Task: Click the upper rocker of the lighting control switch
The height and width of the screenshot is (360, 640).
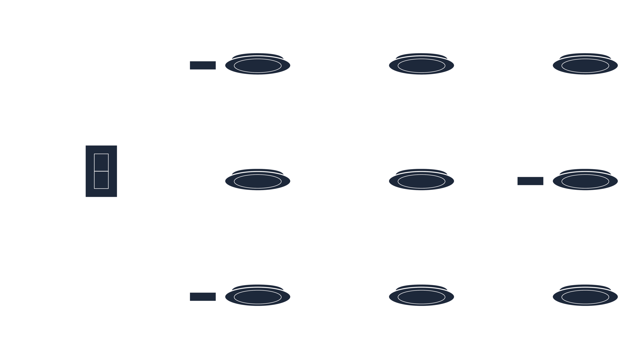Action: coord(101,162)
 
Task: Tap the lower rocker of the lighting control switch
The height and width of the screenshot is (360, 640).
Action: coord(101,180)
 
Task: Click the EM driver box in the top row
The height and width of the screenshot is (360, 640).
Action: coord(203,65)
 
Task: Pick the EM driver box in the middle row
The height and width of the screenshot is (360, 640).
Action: coord(530,181)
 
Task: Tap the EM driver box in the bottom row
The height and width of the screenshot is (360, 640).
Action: coord(203,297)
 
